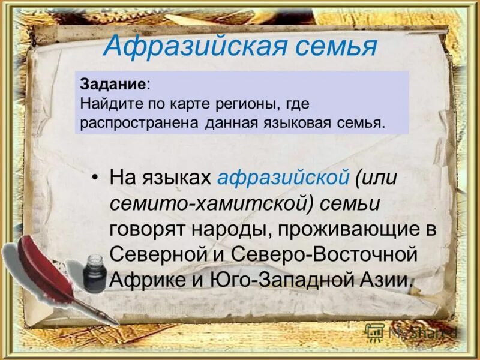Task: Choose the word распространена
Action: click(x=139, y=123)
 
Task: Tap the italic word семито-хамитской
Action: click(x=209, y=203)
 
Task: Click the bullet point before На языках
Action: click(x=95, y=178)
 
